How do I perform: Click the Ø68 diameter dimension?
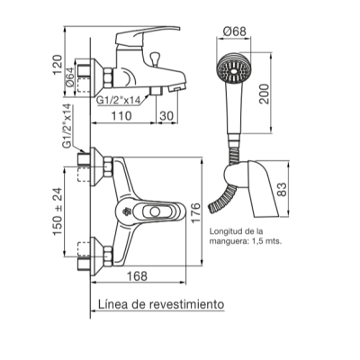pyautogui.click(x=235, y=31)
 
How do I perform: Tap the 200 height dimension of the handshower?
pyautogui.click(x=265, y=94)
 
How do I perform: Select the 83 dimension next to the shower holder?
pyautogui.click(x=282, y=189)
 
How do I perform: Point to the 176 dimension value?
pyautogui.click(x=195, y=212)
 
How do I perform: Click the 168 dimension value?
pyautogui.click(x=137, y=276)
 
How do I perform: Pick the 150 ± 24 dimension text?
pyautogui.click(x=58, y=211)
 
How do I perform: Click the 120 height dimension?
pyautogui.click(x=58, y=65)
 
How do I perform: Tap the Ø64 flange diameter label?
pyautogui.click(x=69, y=77)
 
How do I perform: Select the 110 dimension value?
pyautogui.click(x=121, y=115)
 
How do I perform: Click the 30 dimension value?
pyautogui.click(x=166, y=115)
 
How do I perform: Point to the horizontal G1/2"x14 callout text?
pyautogui.click(x=118, y=101)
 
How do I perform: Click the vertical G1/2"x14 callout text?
pyautogui.click(x=67, y=126)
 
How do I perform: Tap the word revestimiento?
pyautogui.click(x=186, y=304)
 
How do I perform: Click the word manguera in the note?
pyautogui.click(x=227, y=240)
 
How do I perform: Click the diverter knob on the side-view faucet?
pyautogui.click(x=155, y=58)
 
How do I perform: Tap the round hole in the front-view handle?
pyautogui.click(x=155, y=212)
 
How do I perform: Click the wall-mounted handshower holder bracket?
pyautogui.click(x=252, y=187)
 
